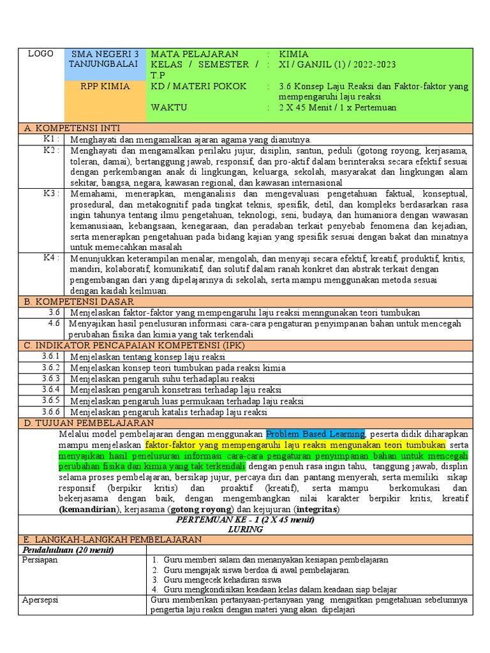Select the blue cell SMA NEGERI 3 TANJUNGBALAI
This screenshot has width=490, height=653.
tap(106, 59)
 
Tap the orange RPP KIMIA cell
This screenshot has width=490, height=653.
tap(106, 86)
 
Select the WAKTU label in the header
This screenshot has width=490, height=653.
tap(169, 107)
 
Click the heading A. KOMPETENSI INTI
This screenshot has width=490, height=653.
tap(72, 128)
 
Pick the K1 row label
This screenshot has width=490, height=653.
tap(52, 139)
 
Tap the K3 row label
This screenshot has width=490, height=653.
tap(52, 193)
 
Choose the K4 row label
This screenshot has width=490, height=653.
tap(52, 258)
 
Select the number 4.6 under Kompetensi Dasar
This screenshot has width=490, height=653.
tap(54, 323)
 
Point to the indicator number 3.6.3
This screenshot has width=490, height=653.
tap(51, 378)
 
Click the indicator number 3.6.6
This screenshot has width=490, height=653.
tap(51, 411)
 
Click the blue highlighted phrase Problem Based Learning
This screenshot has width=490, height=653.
tap(315, 434)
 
